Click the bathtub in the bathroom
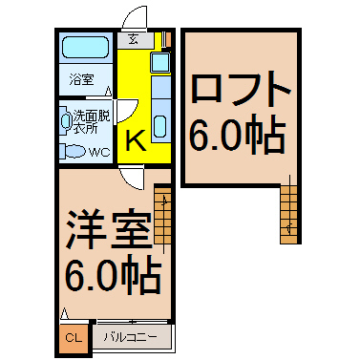[85, 47]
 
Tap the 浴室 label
[82, 79]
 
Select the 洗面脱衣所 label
[92, 122]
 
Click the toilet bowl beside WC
[73, 151]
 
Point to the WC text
[99, 152]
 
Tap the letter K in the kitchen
[137, 141]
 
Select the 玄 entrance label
[133, 40]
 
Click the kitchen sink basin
[159, 126]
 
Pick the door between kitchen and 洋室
[132, 178]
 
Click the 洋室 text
[108, 229]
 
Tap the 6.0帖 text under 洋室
[113, 275]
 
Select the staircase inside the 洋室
[162, 216]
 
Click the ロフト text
[241, 89]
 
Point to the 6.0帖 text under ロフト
[237, 134]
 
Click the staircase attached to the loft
[288, 214]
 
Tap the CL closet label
[74, 338]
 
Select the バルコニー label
[131, 337]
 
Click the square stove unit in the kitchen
[160, 62]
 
